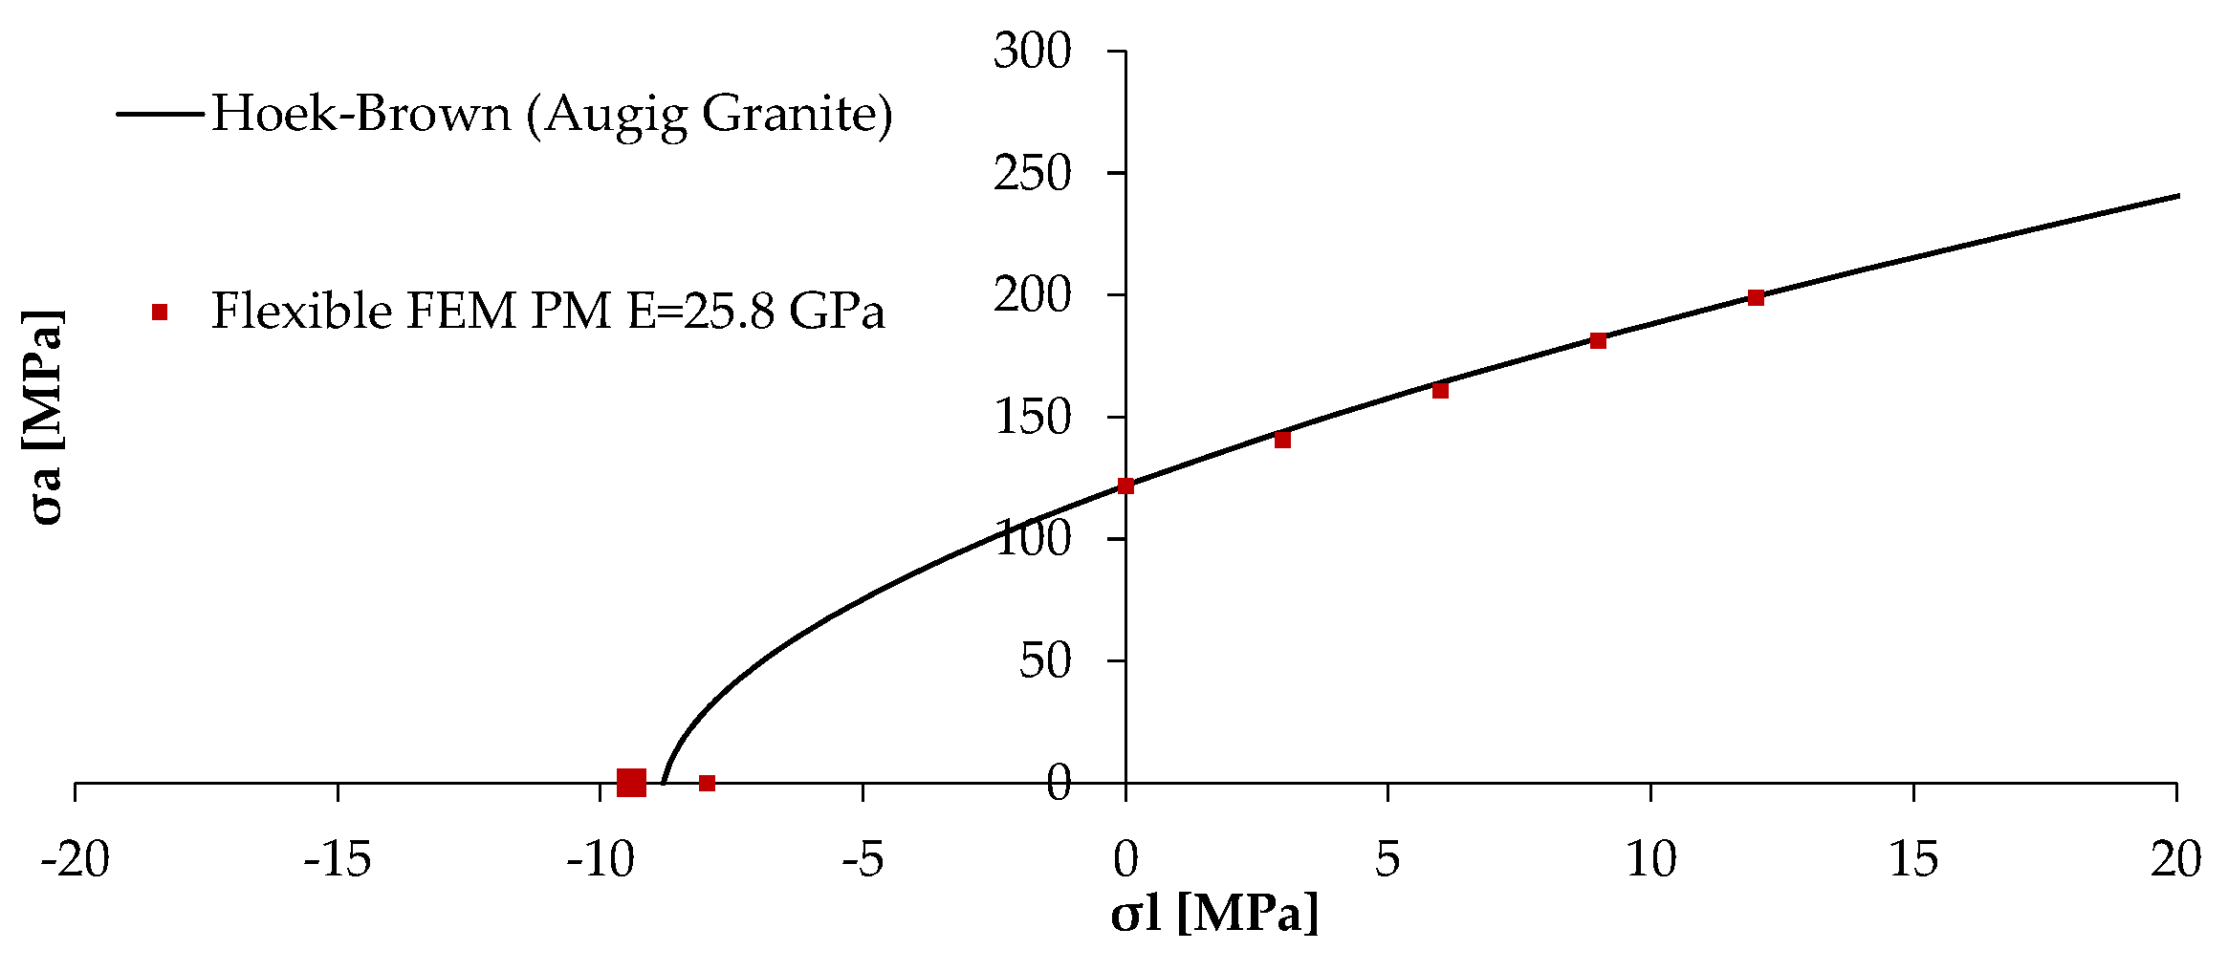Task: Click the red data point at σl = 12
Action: coord(1756,298)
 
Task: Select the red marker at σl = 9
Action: coord(1598,341)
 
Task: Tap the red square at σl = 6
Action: coord(1440,390)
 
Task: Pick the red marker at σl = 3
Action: coord(1282,440)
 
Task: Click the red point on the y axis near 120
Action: coord(1125,486)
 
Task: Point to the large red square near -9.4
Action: coord(631,783)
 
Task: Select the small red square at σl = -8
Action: coord(707,783)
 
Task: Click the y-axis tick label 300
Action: coord(1032,51)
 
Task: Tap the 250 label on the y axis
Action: coord(1032,173)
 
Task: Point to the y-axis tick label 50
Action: coord(1044,660)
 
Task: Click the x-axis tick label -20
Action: coord(75,859)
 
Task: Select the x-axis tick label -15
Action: coord(337,859)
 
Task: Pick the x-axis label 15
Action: coord(1912,859)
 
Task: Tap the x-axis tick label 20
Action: coord(2175,859)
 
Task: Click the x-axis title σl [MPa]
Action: coord(1214,914)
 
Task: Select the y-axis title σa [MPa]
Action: coord(44,418)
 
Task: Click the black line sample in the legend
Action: coord(160,114)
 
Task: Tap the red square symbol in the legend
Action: coord(160,312)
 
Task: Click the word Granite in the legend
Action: coord(797,114)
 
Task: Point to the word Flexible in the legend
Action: coord(301,312)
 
